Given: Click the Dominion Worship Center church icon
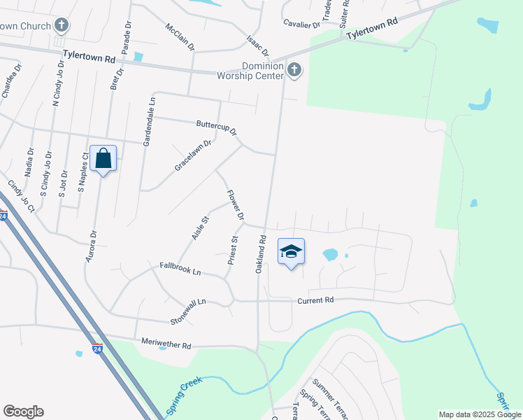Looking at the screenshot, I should [x=294, y=69].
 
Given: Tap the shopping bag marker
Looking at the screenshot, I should [x=103, y=158].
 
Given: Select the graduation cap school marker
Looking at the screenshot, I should [x=291, y=252].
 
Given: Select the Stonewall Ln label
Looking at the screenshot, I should [x=189, y=311].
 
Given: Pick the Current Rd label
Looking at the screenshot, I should [x=316, y=300].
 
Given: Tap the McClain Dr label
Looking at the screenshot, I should [x=180, y=37].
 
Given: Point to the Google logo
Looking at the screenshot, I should [x=23, y=412].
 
